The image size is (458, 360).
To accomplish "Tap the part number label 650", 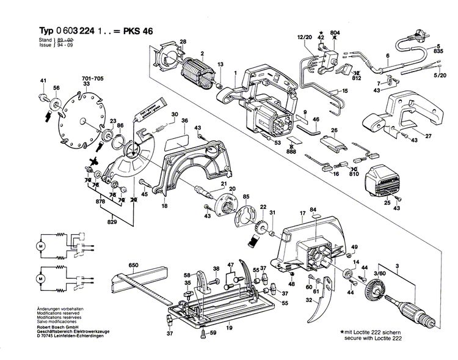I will click(x=134, y=265).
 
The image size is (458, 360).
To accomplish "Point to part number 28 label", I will click(x=183, y=41).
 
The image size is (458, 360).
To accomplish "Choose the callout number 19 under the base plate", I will click(x=230, y=328).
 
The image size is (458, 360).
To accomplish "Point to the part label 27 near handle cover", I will click(x=428, y=136).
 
